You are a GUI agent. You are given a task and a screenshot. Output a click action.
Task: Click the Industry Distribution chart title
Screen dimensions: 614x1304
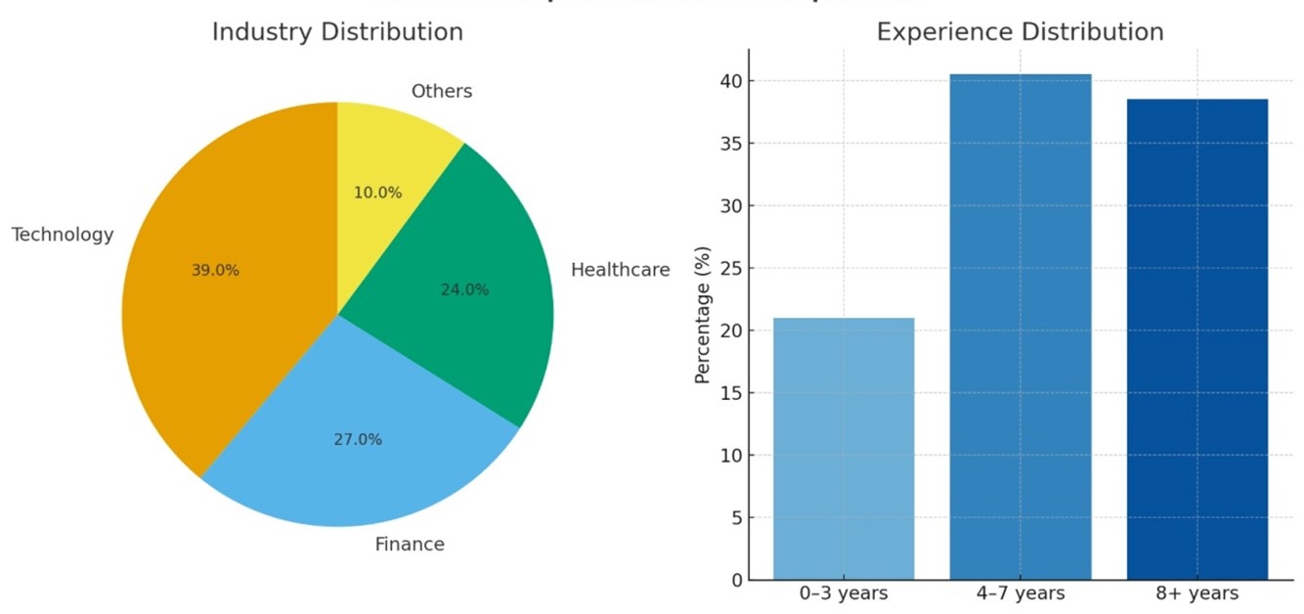tap(337, 32)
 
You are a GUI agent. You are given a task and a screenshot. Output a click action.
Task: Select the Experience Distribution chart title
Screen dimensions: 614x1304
tap(1020, 32)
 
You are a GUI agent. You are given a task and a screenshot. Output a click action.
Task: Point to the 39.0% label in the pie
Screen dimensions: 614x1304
tap(215, 271)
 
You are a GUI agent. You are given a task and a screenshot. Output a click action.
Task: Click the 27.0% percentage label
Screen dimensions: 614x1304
tap(358, 440)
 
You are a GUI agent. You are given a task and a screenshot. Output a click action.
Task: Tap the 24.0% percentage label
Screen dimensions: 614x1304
tap(464, 290)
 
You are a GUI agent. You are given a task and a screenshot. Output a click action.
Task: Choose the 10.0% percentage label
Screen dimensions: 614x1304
tap(377, 194)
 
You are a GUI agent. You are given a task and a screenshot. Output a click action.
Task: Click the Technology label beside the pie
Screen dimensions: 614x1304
tap(63, 235)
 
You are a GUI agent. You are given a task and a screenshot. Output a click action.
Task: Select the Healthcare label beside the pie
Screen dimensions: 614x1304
tap(621, 270)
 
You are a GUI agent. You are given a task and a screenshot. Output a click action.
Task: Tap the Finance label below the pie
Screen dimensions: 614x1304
tap(410, 545)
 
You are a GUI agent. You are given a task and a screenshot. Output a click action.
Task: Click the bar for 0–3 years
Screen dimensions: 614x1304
tap(844, 450)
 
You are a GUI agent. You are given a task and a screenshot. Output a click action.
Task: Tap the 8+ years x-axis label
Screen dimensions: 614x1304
tap(1196, 593)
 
